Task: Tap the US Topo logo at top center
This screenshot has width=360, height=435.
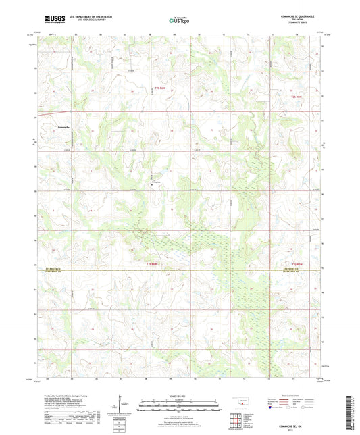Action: point(178,20)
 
